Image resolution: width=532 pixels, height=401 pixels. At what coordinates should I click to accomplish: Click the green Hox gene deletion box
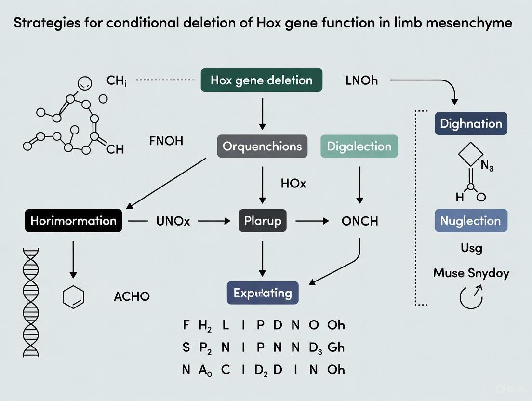261,80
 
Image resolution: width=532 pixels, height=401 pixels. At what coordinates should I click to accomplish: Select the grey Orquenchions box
262,146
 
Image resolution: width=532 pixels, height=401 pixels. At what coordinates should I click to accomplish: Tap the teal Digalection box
359,146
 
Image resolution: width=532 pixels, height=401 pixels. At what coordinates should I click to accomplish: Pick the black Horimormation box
73,221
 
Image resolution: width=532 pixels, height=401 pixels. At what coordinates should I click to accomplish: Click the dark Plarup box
263,221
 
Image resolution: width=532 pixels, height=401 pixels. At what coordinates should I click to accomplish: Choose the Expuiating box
263,293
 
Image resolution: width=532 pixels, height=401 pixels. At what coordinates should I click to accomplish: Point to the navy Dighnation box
471,123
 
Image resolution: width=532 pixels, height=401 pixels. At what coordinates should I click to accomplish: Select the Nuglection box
471,221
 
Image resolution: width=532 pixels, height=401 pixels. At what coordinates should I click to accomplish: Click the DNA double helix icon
30,301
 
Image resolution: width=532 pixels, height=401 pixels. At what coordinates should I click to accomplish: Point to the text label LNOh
361,80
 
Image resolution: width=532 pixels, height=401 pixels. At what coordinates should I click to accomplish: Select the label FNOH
166,142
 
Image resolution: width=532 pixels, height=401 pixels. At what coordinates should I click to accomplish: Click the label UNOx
173,221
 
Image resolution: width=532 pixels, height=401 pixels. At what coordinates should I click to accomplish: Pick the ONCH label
359,221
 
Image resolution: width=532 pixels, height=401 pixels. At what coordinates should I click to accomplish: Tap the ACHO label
132,296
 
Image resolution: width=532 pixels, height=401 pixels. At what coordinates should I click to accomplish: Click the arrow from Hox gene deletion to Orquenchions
262,113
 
